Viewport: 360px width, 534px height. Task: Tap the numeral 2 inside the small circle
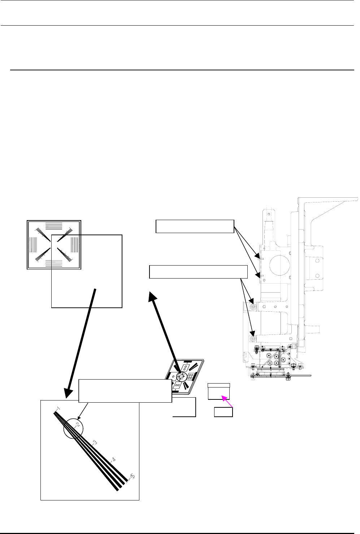77,425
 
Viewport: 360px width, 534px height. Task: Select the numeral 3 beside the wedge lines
95,442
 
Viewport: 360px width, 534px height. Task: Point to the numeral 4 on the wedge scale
113,460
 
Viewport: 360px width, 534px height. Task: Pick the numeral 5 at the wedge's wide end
133,477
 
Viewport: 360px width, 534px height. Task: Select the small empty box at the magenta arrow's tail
223,412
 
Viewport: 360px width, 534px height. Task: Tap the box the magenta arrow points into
219,391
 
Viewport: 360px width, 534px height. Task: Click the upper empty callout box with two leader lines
195,226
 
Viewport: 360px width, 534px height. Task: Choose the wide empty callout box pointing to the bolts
198,272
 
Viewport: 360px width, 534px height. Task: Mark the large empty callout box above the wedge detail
125,390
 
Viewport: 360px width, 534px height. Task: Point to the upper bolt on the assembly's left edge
253,307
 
